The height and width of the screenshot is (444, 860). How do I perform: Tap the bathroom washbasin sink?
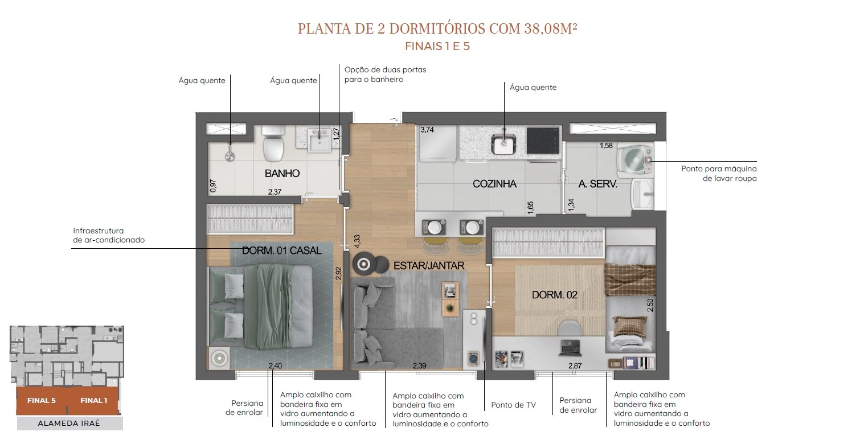pyautogui.click(x=320, y=141)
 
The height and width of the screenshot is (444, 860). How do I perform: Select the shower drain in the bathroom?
pyautogui.click(x=230, y=156)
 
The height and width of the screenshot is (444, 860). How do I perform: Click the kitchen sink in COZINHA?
pyautogui.click(x=503, y=143)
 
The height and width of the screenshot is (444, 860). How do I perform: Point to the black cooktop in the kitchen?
pyautogui.click(x=543, y=140)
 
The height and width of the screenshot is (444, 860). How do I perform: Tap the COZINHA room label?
pyautogui.click(x=494, y=184)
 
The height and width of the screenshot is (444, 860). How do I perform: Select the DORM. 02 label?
pyautogui.click(x=554, y=295)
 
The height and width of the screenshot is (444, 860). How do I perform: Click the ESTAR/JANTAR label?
pyautogui.click(x=429, y=265)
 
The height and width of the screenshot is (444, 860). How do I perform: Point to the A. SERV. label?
pyautogui.click(x=598, y=184)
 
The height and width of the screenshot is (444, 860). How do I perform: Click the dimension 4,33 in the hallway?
pyautogui.click(x=357, y=241)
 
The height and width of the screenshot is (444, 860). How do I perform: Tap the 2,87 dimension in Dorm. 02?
pyautogui.click(x=575, y=365)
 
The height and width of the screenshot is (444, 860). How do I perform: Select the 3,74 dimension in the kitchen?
pyautogui.click(x=427, y=130)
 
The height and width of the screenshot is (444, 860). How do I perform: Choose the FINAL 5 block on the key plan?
pyautogui.click(x=42, y=401)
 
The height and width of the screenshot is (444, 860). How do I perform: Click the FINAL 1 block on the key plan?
pyautogui.click(x=93, y=401)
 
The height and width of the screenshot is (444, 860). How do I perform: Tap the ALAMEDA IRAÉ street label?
pyautogui.click(x=69, y=424)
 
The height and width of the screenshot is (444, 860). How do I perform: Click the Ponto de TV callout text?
pyautogui.click(x=513, y=405)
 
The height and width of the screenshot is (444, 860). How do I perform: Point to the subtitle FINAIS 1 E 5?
pyautogui.click(x=437, y=47)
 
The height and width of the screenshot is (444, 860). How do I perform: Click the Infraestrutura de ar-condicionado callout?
pyautogui.click(x=109, y=235)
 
